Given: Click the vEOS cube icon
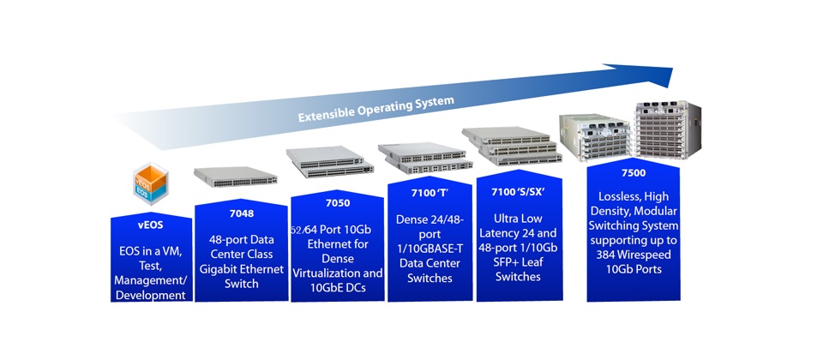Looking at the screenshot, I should click(x=153, y=186).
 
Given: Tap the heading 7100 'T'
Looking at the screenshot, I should click(x=429, y=195).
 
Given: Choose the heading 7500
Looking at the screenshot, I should click(x=634, y=172).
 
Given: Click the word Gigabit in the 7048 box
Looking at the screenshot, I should click(x=222, y=268).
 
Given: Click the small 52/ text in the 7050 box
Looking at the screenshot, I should click(x=299, y=231).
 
